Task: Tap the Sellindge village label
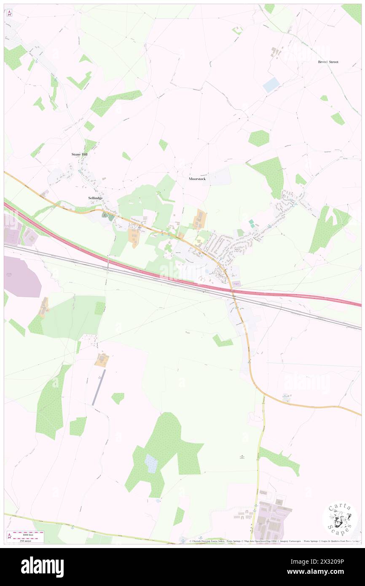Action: (95, 198)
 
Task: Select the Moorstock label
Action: (197, 179)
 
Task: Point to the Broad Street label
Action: (328, 62)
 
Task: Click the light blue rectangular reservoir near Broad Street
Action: (271, 85)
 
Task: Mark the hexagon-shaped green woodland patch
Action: (258, 138)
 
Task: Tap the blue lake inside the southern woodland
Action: (151, 463)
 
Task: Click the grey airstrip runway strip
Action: (99, 387)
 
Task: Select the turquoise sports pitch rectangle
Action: (252, 223)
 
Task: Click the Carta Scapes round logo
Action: (340, 519)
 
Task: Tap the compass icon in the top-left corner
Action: (9, 13)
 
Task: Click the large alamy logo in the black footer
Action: (42, 567)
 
